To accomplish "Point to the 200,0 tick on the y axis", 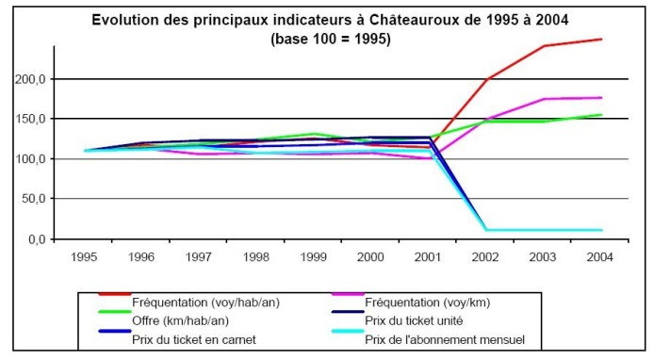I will point(31,79).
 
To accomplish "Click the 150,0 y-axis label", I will point(31,119).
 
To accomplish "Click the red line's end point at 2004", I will point(601,39).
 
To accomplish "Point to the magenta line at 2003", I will point(544,99).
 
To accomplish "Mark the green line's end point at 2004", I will point(601,115).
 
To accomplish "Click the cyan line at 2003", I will point(544,230).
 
